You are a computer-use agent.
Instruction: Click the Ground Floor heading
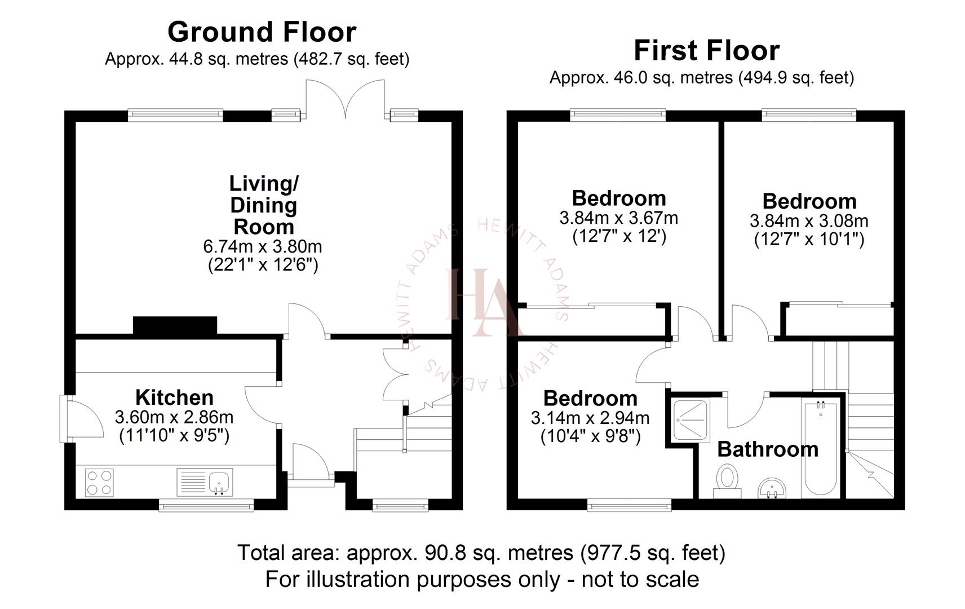(x=262, y=32)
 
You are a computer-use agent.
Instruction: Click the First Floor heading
(x=706, y=51)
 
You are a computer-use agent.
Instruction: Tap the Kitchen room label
(x=174, y=398)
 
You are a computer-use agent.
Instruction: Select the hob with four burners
(x=99, y=483)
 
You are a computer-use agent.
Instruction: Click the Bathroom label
(x=768, y=449)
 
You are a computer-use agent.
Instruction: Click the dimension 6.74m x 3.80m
(x=263, y=246)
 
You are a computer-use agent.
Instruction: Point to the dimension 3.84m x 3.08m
(x=809, y=221)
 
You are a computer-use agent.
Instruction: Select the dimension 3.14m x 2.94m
(x=590, y=418)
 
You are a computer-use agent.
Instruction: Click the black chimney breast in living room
(x=175, y=325)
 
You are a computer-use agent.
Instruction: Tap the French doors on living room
(x=345, y=99)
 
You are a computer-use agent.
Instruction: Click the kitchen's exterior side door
(x=82, y=418)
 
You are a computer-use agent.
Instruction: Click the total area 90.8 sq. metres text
(x=481, y=553)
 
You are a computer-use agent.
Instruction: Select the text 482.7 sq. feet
(x=351, y=59)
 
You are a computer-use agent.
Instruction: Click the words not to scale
(x=640, y=579)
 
